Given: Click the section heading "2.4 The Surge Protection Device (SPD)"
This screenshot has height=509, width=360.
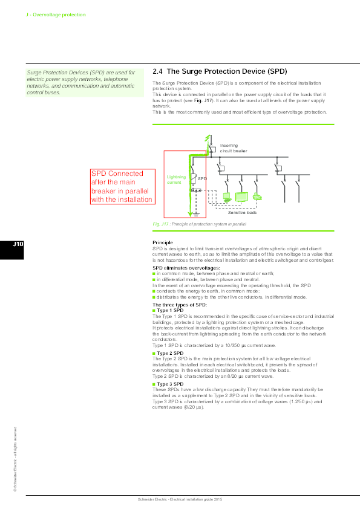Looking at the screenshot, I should pyautogui.click(x=219, y=71).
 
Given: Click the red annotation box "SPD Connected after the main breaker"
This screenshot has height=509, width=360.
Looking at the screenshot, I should pyautogui.click(x=121, y=186).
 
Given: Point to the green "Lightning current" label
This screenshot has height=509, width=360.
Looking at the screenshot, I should pyautogui.click(x=176, y=180).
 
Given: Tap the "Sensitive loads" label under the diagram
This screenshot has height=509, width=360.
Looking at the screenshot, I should pyautogui.click(x=242, y=213).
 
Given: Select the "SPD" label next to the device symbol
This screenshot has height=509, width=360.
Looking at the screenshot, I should pyautogui.click(x=202, y=179).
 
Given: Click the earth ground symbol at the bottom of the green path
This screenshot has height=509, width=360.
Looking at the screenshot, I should pyautogui.click(x=195, y=213).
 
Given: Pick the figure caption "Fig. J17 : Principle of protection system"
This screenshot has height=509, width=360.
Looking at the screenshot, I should pyautogui.click(x=200, y=224).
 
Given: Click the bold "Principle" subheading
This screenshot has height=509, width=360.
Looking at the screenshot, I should pyautogui.click(x=163, y=242).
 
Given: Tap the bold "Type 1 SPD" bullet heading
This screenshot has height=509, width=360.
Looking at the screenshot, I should pyautogui.click(x=169, y=310).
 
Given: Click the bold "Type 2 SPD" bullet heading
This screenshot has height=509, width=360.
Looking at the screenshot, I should pyautogui.click(x=169, y=352).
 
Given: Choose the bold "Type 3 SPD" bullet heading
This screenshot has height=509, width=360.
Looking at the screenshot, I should pyautogui.click(x=169, y=384).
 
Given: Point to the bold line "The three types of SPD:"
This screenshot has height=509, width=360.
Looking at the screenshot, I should pyautogui.click(x=180, y=305).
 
